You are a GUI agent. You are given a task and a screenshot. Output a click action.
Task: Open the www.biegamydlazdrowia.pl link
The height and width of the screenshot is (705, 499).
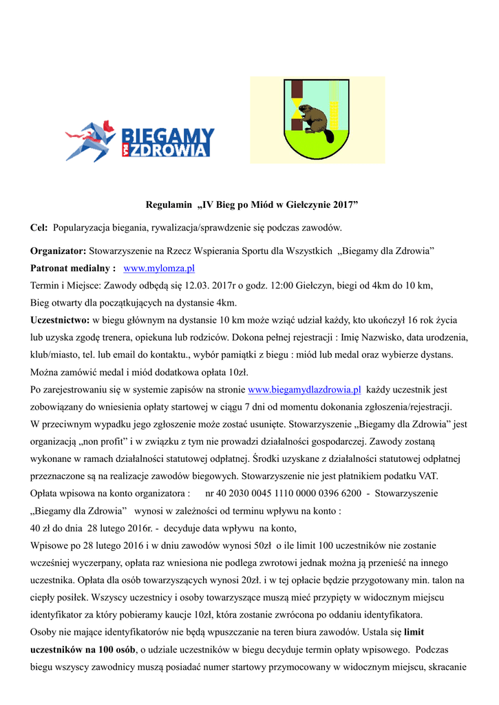pos(304,390)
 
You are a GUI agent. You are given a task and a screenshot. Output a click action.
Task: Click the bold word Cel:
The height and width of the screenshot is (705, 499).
pos(39,227)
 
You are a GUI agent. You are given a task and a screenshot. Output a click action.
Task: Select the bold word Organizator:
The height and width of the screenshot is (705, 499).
pos(58,251)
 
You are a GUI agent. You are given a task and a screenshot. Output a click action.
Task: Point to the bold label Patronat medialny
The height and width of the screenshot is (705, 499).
pos(72,269)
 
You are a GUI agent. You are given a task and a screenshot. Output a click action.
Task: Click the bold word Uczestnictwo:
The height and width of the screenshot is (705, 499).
pos(60,320)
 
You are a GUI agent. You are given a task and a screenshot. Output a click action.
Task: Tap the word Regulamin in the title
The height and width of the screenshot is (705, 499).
pos(168,204)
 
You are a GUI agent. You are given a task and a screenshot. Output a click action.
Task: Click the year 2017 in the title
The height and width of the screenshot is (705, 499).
pos(346,204)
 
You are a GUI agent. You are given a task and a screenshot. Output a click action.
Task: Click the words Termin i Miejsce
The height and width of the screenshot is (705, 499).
pos(65,286)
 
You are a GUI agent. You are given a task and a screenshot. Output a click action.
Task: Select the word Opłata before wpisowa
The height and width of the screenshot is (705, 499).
pos(46,494)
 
